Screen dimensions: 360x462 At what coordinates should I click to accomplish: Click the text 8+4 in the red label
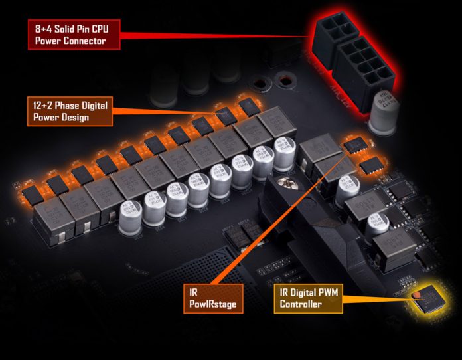click(x=44, y=29)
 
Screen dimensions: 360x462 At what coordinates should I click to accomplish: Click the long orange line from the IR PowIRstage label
click(x=279, y=219)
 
